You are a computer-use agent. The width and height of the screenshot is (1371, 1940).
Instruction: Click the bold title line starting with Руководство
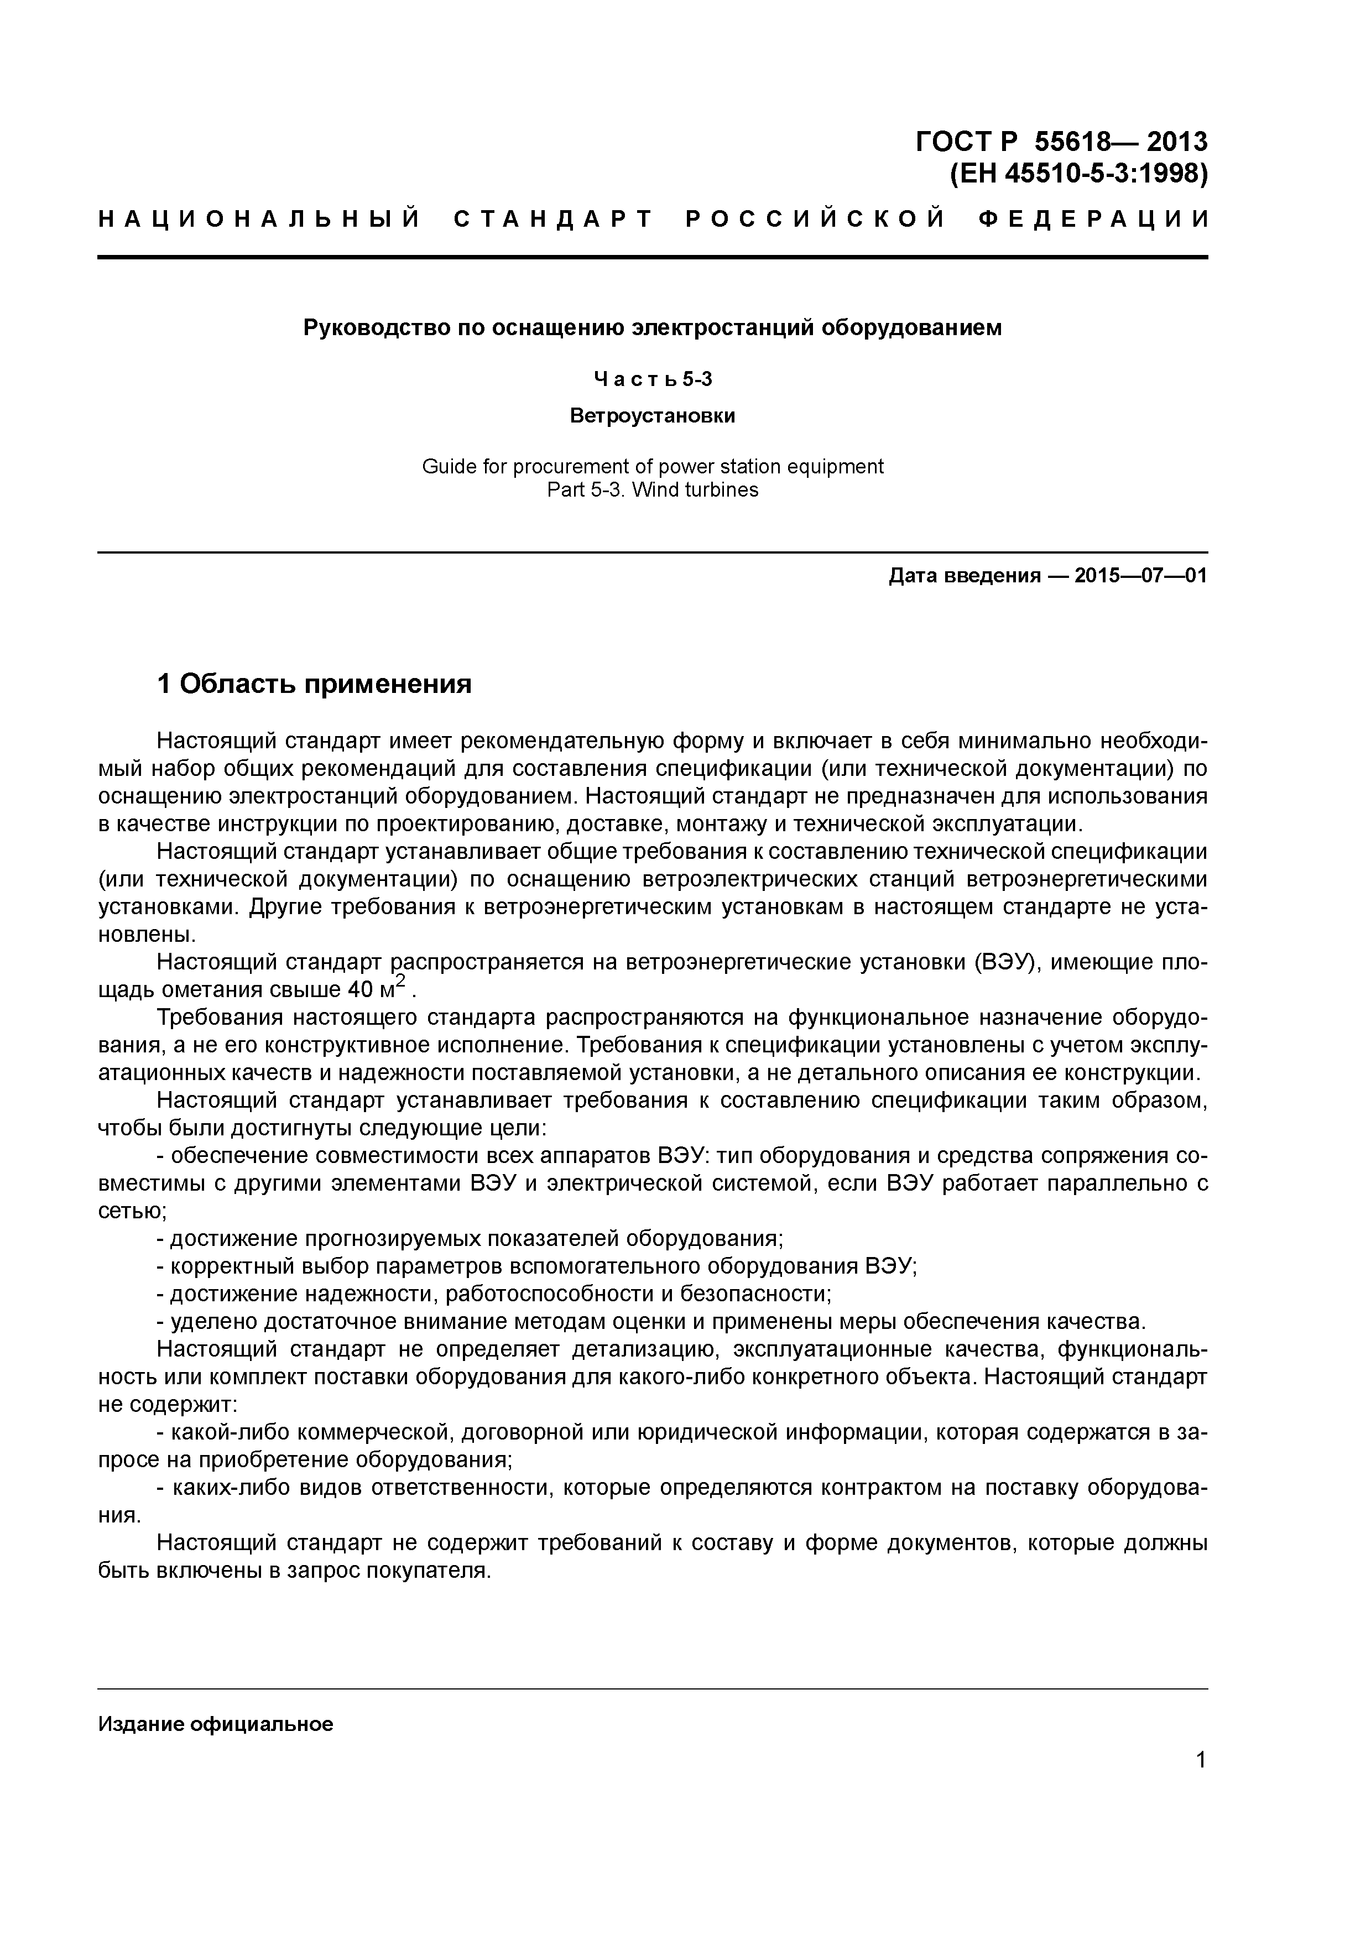click(x=652, y=328)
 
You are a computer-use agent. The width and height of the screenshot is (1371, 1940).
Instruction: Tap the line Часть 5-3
click(x=652, y=379)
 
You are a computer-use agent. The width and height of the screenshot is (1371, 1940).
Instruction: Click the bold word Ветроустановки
click(x=652, y=416)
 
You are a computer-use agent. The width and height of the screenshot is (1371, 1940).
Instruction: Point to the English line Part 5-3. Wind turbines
click(x=652, y=490)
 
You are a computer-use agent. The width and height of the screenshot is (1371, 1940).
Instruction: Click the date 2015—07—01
click(x=1140, y=576)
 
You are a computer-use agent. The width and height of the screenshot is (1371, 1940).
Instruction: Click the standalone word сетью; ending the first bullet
click(x=133, y=1211)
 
